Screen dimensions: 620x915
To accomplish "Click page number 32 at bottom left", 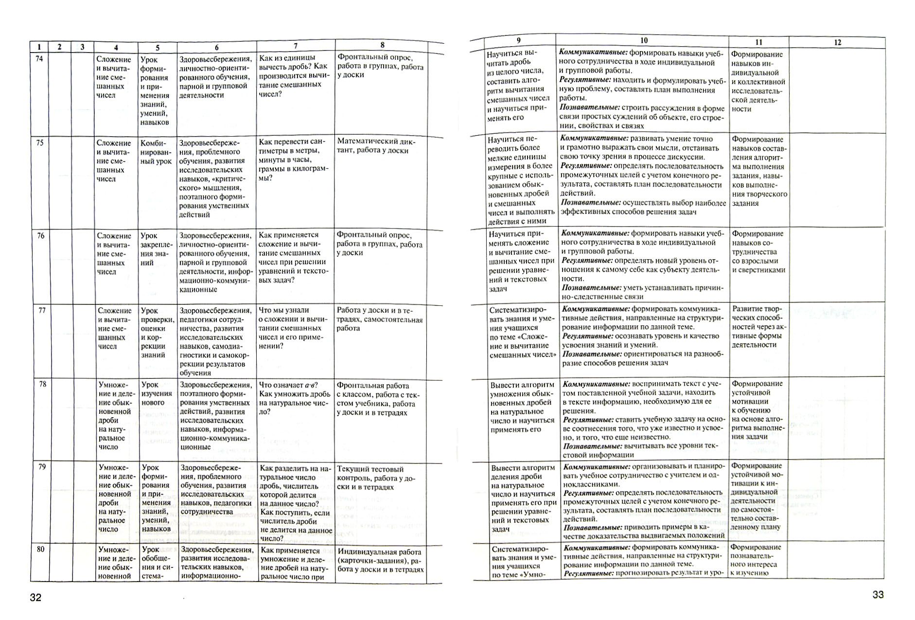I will tap(36, 598).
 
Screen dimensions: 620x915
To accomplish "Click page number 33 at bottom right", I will tap(878, 594).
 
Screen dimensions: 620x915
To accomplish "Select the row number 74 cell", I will tap(40, 59).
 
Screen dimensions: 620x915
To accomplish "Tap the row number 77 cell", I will tap(42, 310).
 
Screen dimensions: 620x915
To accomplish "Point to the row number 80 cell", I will tap(41, 549).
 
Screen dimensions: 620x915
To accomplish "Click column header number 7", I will tap(295, 46).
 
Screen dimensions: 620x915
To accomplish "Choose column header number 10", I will tap(644, 41).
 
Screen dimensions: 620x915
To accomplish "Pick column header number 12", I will tap(837, 43).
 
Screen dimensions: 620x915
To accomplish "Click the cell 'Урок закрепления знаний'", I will tap(156, 249).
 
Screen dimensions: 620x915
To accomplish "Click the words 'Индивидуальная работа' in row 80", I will tap(379, 552).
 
